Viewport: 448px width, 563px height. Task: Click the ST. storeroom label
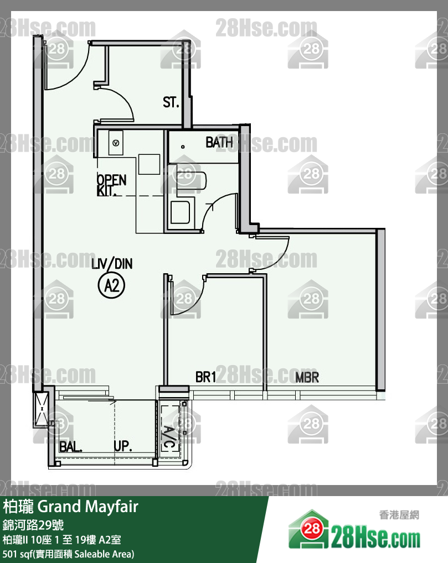171,102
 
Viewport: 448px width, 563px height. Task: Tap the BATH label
219,143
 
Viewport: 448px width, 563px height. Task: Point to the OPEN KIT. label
111,185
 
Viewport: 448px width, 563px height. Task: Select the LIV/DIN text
112,264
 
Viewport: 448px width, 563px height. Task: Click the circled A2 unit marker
111,286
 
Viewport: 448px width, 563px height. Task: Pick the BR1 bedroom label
205,377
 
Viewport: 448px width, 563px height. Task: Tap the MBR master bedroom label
307,377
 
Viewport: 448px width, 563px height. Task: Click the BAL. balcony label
70,447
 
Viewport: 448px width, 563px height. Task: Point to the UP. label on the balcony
122,446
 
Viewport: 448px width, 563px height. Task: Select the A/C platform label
169,437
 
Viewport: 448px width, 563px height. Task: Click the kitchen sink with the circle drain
116,143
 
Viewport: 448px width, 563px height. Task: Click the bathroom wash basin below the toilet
180,212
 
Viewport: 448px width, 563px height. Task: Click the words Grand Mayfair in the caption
88,507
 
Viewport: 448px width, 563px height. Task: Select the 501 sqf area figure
17,554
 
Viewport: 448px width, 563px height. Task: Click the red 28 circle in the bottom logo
311,528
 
